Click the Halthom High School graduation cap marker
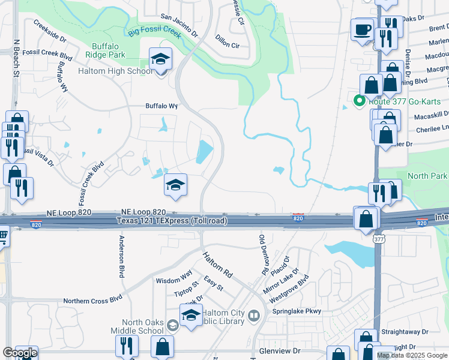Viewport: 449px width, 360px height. coord(161,60)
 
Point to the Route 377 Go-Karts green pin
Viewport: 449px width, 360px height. coord(360,101)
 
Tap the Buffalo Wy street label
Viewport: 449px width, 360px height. coord(162,106)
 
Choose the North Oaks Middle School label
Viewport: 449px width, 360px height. coord(137,326)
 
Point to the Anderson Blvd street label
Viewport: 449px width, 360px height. coord(122,256)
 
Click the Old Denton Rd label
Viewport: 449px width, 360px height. coord(262,255)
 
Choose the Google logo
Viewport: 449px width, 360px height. coord(20,353)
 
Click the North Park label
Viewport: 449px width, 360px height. coord(427,176)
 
